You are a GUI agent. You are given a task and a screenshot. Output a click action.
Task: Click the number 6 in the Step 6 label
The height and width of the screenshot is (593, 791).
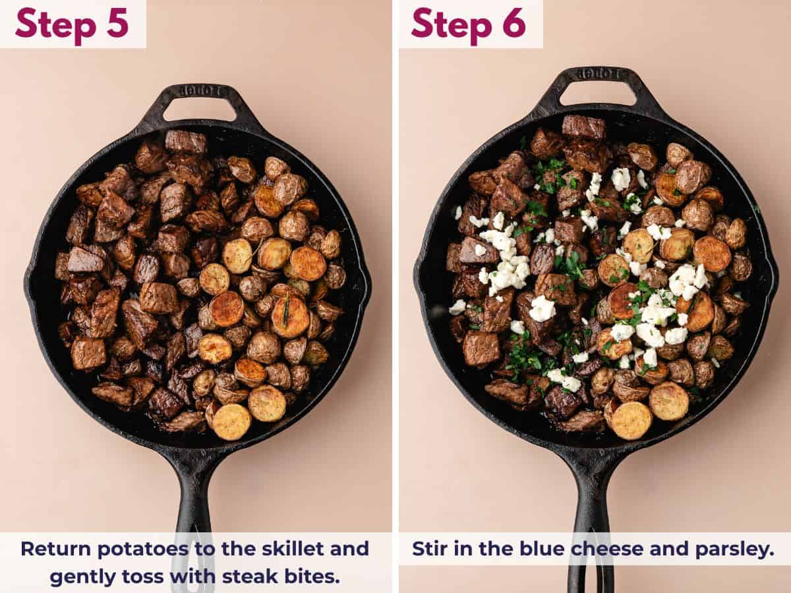point(512,24)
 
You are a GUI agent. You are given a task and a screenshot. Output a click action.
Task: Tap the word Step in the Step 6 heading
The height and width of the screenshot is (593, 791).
point(450,24)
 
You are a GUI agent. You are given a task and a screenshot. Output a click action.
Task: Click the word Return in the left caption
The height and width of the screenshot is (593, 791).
point(54,549)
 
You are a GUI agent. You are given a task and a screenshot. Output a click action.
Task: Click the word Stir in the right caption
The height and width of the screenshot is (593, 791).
point(428,549)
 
